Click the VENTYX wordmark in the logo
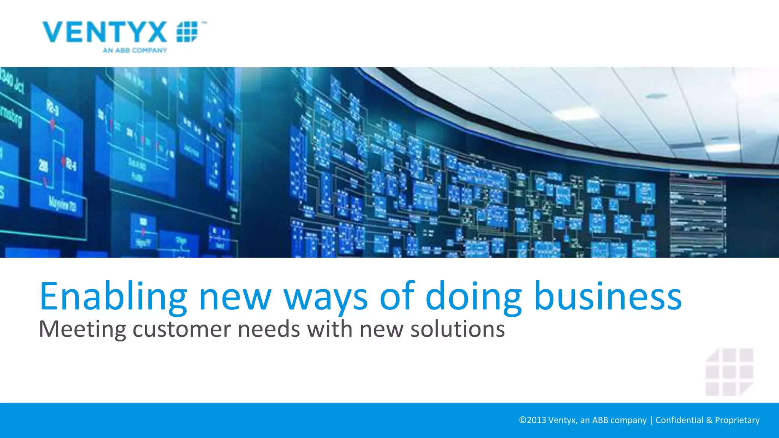tap(105, 32)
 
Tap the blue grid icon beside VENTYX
tap(187, 32)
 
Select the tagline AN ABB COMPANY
tap(135, 50)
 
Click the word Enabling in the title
tap(113, 297)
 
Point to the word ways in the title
tap(326, 297)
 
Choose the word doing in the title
tap(474, 297)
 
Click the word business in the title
tap(608, 297)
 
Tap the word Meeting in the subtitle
tap(82, 329)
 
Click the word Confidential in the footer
tap(679, 420)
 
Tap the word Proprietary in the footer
tap(737, 420)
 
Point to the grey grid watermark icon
tap(729, 372)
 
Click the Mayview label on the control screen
tap(62, 204)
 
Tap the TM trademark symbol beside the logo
tap(204, 23)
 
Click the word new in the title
tap(235, 297)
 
